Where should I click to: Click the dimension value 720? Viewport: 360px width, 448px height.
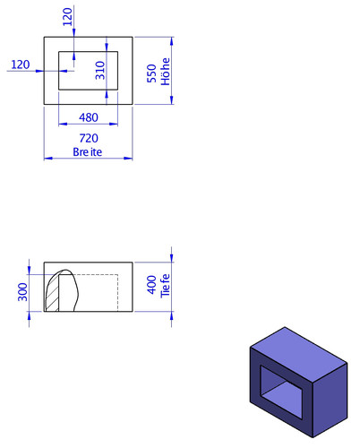tap(89, 138)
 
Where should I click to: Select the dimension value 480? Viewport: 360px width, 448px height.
tap(89, 117)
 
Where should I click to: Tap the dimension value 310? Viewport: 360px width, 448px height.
tap(100, 71)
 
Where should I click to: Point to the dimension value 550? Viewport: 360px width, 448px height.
tap(151, 73)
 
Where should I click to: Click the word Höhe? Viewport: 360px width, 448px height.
tap(166, 72)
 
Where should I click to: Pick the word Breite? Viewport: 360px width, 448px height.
tap(88, 152)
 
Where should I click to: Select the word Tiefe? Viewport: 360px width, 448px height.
tap(165, 286)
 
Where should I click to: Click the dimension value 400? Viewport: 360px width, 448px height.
tap(152, 285)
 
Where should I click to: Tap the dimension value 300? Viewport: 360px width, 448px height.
tap(22, 292)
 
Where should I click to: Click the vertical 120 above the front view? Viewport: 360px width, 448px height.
tap(67, 17)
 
